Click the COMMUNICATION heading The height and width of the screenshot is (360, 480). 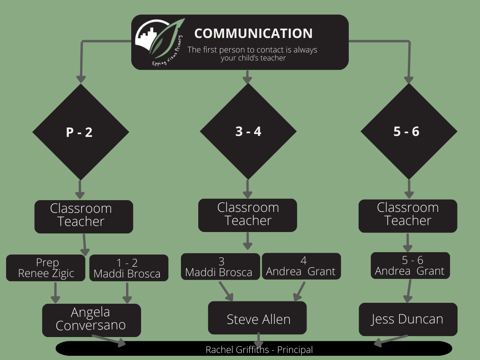point(253,34)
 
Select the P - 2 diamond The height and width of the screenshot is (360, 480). point(80,132)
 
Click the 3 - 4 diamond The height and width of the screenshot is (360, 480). point(248,131)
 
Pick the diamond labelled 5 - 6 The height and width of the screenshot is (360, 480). point(408,131)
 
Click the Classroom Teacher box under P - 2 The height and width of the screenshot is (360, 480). point(83,216)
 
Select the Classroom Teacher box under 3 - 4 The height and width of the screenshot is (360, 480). point(247,215)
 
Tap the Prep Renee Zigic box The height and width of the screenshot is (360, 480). point(46,268)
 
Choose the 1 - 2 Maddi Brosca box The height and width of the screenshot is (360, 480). point(128,268)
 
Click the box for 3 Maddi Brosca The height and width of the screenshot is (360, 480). point(220,266)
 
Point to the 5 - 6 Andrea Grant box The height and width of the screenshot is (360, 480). point(410,266)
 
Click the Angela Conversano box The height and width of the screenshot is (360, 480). point(91,320)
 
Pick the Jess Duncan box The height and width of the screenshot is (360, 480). point(408,319)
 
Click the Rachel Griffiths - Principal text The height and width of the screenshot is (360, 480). point(259,350)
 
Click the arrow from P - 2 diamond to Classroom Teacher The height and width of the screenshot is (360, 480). point(80,189)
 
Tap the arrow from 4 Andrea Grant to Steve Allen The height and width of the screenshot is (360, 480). point(299,291)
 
